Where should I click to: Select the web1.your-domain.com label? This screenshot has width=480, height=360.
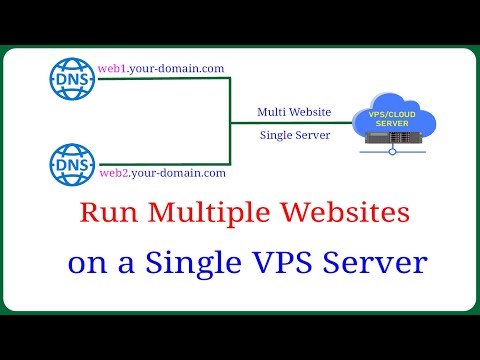(x=160, y=68)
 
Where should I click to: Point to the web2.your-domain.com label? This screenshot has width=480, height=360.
(x=160, y=172)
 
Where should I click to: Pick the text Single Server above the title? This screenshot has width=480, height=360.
(x=294, y=135)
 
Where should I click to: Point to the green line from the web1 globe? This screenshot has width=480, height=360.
(x=160, y=79)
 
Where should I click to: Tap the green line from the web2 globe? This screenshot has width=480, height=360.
(x=160, y=163)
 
